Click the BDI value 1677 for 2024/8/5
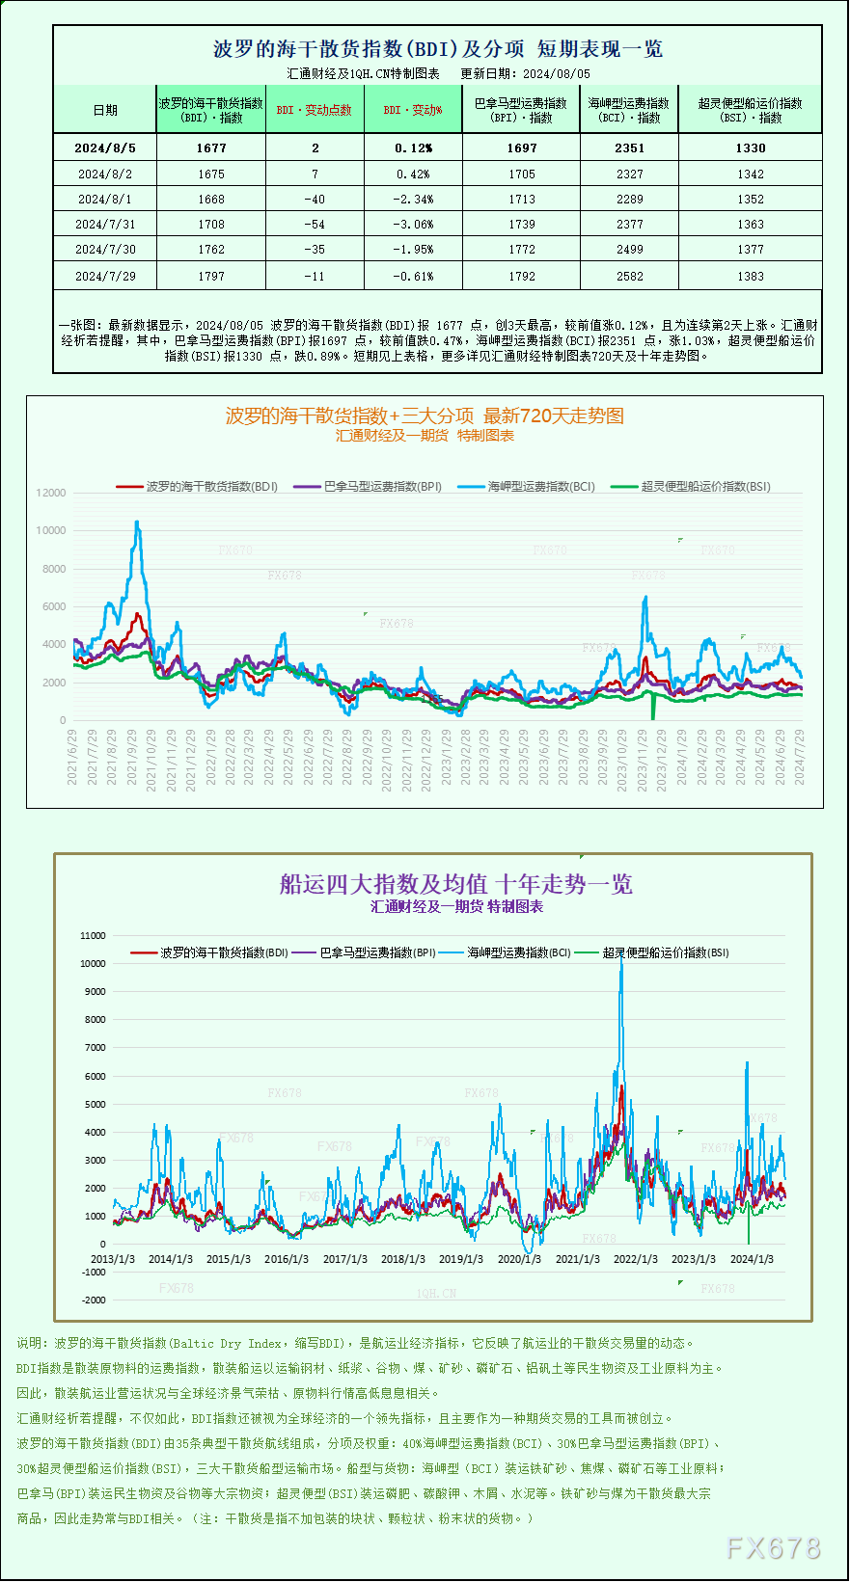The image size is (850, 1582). (x=211, y=147)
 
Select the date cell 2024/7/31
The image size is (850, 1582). (x=105, y=224)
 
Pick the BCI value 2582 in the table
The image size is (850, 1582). (x=629, y=276)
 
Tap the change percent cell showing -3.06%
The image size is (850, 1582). (x=413, y=224)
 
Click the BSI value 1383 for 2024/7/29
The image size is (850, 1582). (x=750, y=276)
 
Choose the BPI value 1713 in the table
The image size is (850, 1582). (x=521, y=199)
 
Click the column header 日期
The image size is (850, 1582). (x=105, y=110)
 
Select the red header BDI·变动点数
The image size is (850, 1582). (x=315, y=110)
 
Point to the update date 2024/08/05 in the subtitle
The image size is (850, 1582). (x=557, y=73)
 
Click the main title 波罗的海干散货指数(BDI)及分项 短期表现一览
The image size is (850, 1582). (x=437, y=48)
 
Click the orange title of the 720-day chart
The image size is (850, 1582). (x=425, y=416)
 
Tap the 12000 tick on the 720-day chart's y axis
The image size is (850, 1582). (x=51, y=493)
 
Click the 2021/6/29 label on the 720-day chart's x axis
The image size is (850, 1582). (x=72, y=757)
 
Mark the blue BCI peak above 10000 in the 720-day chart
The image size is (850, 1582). (x=137, y=523)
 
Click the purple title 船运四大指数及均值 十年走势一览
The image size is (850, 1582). (x=455, y=884)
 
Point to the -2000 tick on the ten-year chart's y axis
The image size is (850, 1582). (x=94, y=1300)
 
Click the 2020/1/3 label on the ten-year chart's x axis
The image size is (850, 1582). (x=519, y=1259)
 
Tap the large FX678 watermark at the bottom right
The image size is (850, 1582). (x=773, y=1547)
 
